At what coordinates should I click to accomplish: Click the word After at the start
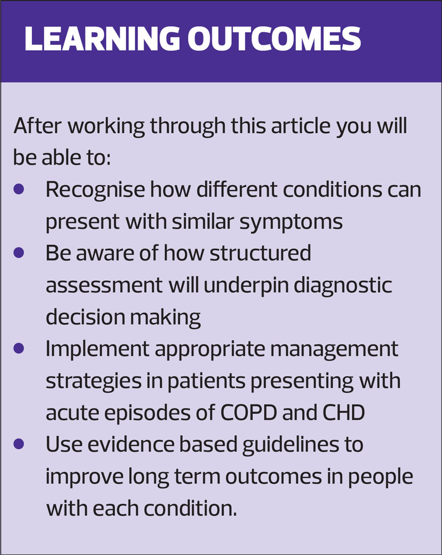pyautogui.click(x=38, y=126)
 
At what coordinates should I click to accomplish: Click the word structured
pyautogui.click(x=260, y=253)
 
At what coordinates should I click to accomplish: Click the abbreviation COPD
pyautogui.click(x=249, y=412)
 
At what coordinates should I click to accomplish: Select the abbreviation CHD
pyautogui.click(x=343, y=412)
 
